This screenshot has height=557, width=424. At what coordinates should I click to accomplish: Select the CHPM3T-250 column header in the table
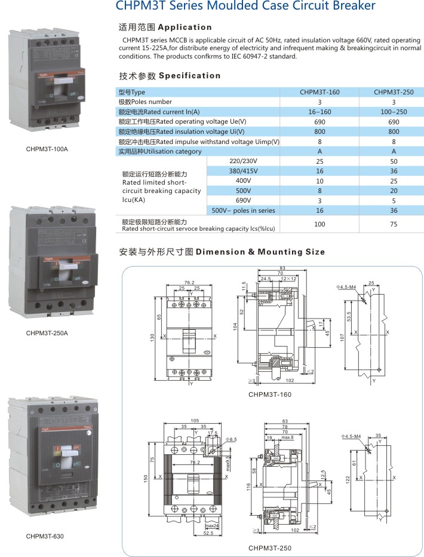394,92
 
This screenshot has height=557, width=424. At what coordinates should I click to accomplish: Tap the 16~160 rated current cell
319,112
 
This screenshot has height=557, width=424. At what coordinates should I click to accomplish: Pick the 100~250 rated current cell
394,112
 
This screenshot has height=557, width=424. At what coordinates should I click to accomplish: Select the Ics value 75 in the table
394,224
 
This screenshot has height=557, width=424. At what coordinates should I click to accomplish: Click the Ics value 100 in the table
319,224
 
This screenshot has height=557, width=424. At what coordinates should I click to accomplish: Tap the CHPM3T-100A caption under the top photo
47,148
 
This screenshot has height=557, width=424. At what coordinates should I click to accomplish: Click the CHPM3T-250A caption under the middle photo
47,333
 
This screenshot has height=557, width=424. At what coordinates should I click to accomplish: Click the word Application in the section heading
185,27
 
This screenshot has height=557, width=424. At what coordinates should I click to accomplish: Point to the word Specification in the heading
190,76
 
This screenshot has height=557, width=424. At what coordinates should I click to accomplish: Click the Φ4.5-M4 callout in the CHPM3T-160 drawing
346,288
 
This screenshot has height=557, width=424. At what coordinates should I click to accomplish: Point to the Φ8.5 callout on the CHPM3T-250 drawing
232,439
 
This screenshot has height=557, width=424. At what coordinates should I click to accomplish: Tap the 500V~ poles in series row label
243,210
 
